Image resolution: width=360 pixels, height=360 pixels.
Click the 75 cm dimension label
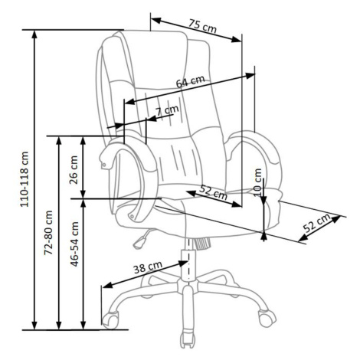(202, 26)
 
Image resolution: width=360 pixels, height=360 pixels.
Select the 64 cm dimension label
(191, 81)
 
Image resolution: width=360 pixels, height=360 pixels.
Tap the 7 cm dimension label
(167, 110)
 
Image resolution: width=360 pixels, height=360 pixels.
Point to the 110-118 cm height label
(25, 179)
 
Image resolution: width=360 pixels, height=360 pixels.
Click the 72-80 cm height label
(48, 233)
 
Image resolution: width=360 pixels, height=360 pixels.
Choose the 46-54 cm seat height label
(75, 244)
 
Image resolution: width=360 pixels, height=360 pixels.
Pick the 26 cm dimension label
(74, 170)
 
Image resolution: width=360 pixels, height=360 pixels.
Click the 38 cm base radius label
(148, 267)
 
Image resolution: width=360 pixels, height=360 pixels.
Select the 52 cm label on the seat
(213, 192)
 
